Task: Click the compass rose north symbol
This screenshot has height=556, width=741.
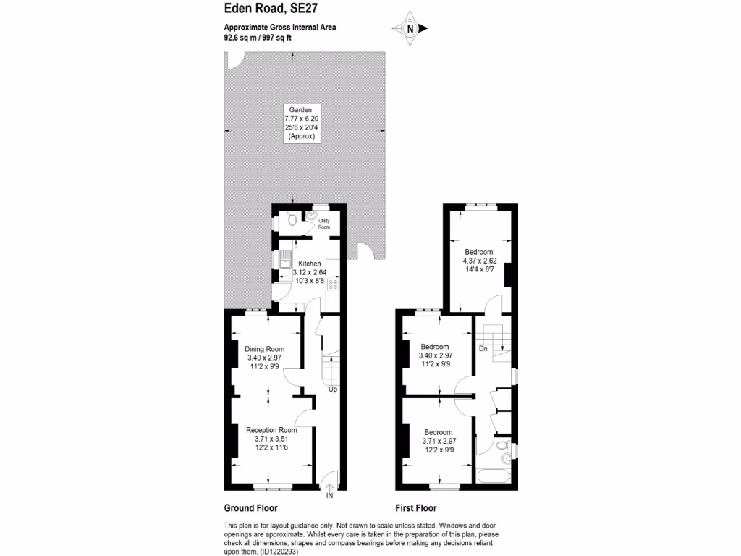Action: click(410, 29)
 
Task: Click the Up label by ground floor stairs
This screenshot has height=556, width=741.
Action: click(333, 389)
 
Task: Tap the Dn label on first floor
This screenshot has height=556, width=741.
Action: click(483, 349)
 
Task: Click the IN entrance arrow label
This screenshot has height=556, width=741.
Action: click(329, 496)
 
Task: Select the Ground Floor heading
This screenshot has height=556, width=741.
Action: click(250, 508)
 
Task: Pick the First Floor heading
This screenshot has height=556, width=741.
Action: click(415, 508)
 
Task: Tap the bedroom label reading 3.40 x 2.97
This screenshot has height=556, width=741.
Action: click(436, 355)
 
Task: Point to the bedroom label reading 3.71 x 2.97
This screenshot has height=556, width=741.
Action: click(439, 441)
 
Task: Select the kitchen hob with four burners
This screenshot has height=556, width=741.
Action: click(334, 284)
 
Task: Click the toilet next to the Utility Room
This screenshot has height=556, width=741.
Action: click(290, 219)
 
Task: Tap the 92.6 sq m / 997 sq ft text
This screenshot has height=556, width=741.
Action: click(258, 38)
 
